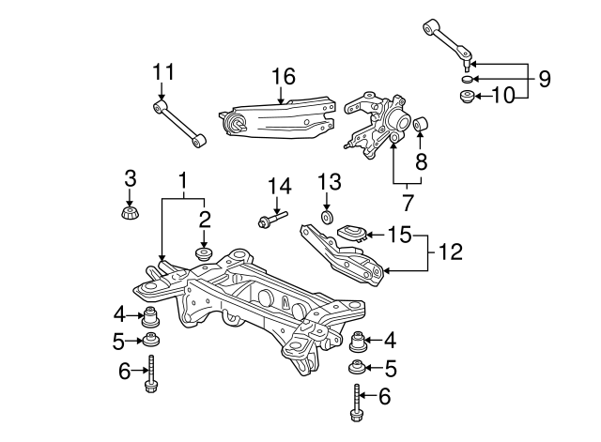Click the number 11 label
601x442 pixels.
tap(163, 72)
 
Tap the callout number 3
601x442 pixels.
tap(131, 177)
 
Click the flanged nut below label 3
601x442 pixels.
tap(131, 213)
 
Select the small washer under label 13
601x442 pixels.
tap(327, 218)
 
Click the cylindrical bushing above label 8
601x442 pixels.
tap(421, 122)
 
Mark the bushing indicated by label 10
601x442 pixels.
tap(467, 96)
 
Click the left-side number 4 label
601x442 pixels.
tap(119, 312)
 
